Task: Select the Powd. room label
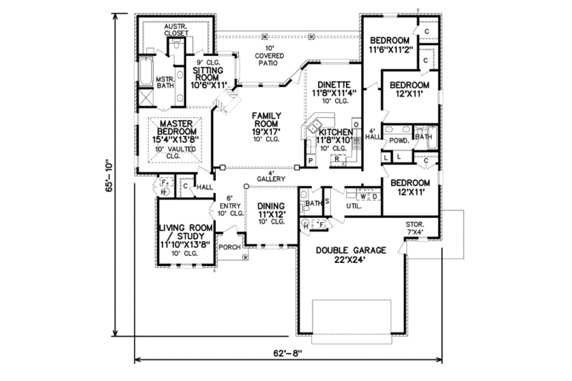point(399,141)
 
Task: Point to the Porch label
point(229,247)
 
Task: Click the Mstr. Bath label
point(166,82)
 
